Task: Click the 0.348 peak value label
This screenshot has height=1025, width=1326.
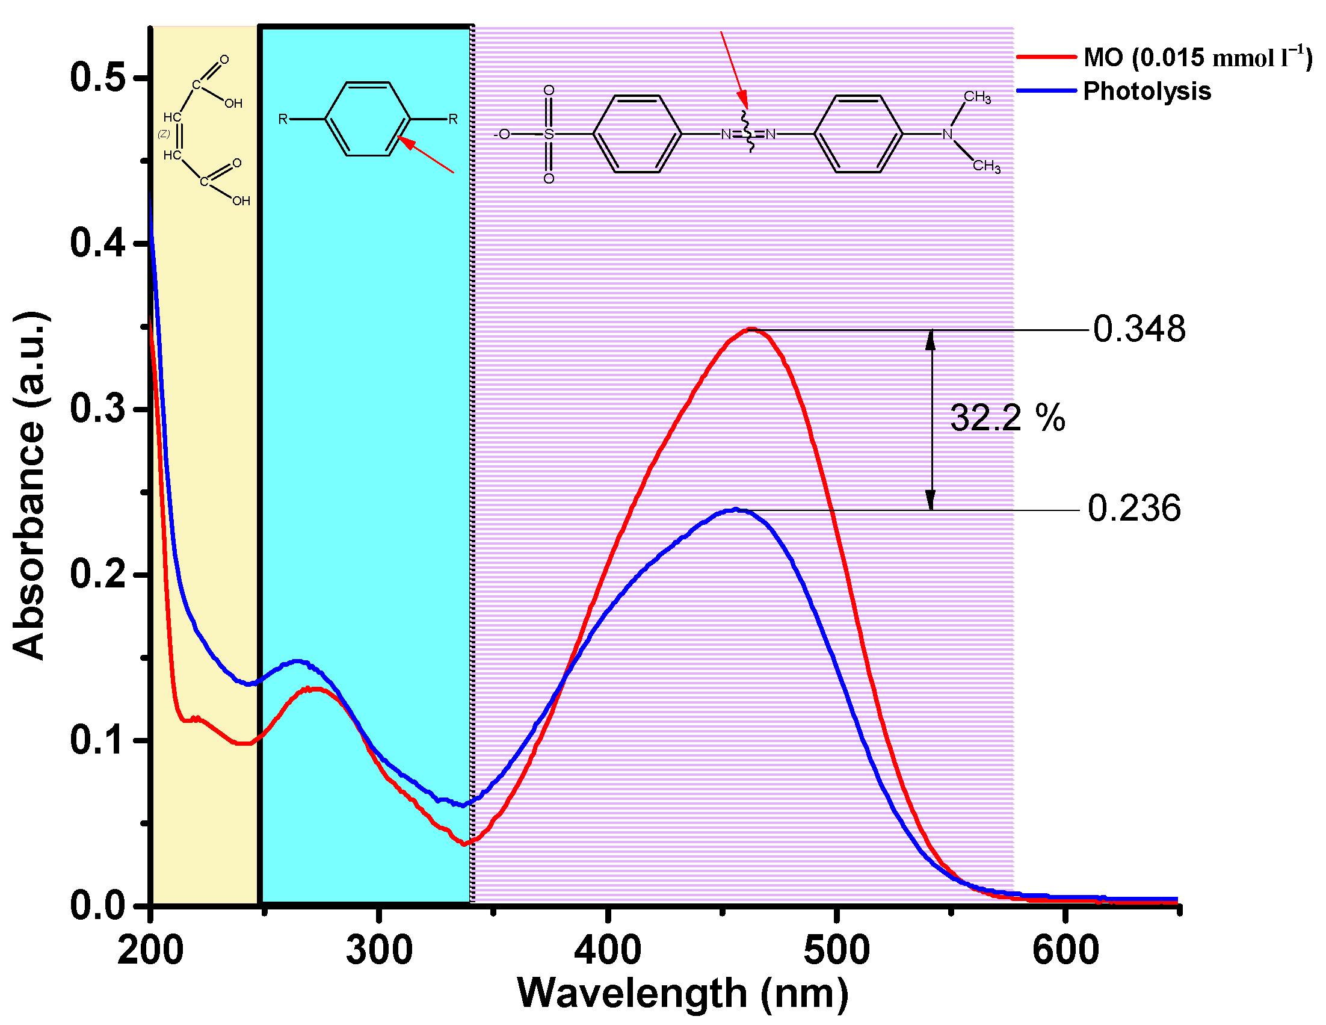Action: click(x=1138, y=330)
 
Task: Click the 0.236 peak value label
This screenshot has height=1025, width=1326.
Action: click(x=1133, y=509)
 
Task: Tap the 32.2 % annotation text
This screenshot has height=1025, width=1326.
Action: click(x=1007, y=418)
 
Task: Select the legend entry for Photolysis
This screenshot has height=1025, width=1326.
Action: click(x=1146, y=91)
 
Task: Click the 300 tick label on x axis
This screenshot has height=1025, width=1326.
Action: click(x=379, y=951)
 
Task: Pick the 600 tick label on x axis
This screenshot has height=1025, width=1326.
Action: click(x=1065, y=951)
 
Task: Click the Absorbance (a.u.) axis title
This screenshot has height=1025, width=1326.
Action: click(x=29, y=486)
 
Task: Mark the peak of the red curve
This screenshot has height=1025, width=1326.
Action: click(x=751, y=329)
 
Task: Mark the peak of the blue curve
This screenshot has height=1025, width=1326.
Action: click(x=736, y=509)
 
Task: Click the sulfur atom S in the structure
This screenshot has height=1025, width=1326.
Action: click(x=548, y=134)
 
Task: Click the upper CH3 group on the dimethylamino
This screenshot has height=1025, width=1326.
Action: click(x=977, y=97)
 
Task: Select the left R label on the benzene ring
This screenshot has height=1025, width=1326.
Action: click(x=282, y=119)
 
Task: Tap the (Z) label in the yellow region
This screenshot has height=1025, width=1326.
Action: click(x=164, y=134)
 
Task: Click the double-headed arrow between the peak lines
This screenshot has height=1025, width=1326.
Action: click(x=930, y=419)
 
